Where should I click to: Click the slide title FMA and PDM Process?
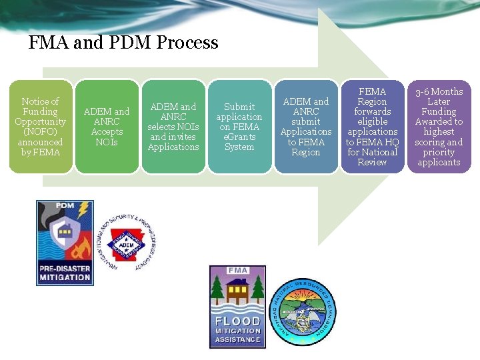pos(123,43)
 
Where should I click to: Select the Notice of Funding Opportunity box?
pos(41,127)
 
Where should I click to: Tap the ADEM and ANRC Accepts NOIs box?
pos(107,127)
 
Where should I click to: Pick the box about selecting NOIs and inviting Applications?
pos(173,127)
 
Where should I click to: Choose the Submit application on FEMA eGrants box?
pos(239,127)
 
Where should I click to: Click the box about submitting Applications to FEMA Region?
pos(306,127)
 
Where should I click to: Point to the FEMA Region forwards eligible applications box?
pos(372,127)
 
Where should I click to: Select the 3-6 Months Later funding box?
pos(439,127)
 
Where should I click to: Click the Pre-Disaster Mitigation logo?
pos(65,241)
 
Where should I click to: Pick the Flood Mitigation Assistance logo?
pos(237,307)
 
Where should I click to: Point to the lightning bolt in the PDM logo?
pos(83,212)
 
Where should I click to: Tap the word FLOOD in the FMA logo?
pos(237,320)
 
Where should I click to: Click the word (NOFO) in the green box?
pos(40,132)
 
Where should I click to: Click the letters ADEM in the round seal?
pos(126,245)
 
